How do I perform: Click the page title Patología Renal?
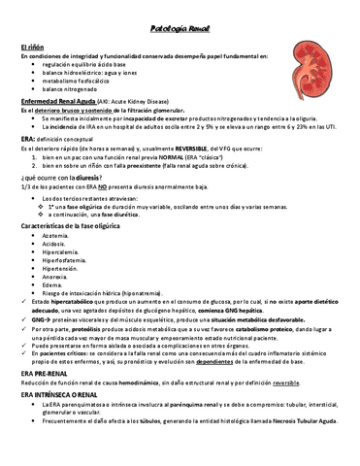180,29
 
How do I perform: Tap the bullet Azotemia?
56,235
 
